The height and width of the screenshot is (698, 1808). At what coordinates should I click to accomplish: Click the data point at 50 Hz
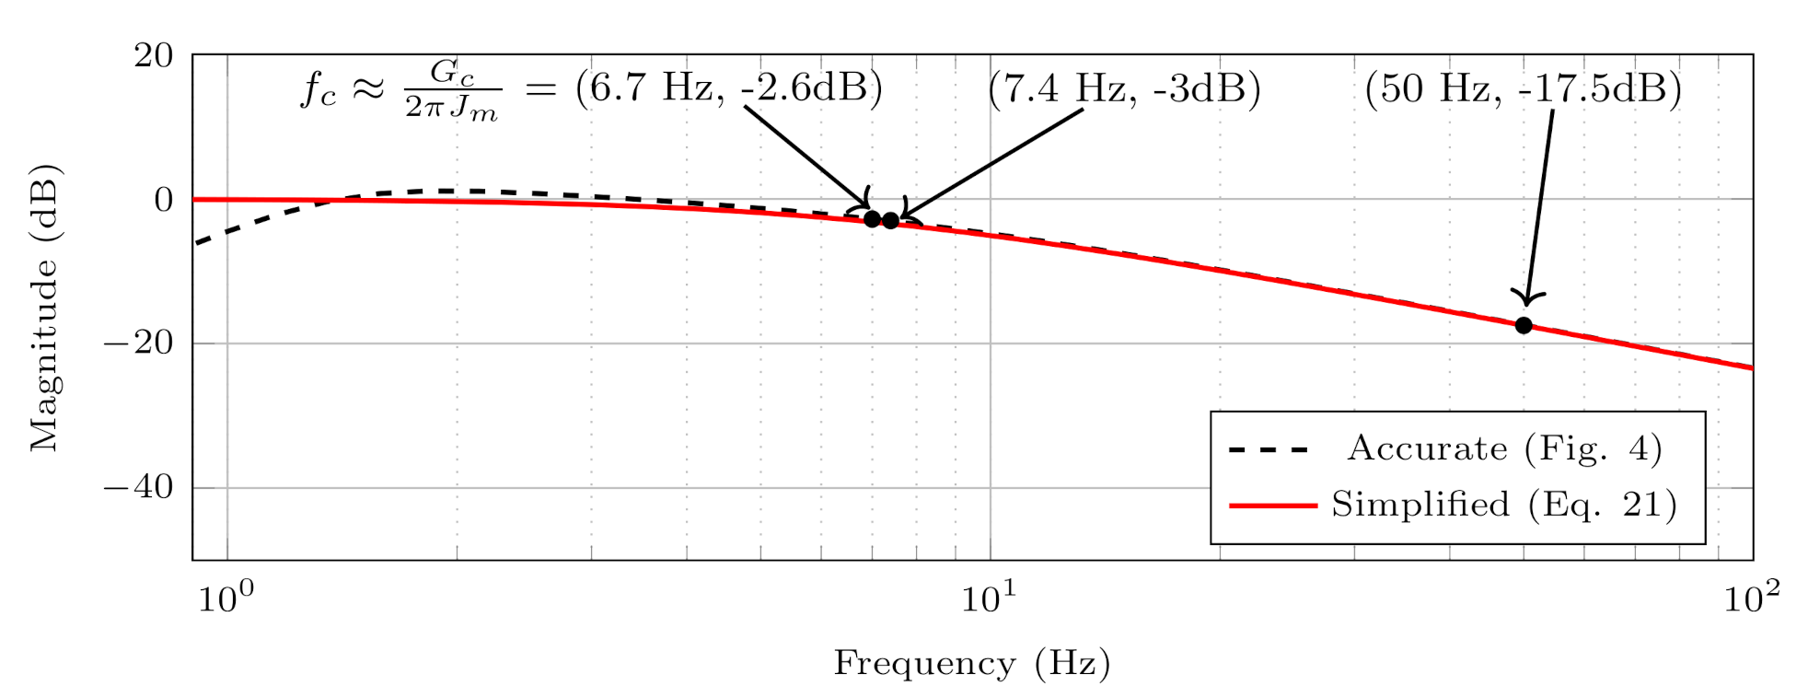[1524, 325]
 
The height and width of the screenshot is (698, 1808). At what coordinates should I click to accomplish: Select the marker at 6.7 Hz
[872, 218]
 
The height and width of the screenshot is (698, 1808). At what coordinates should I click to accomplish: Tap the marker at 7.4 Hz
[891, 220]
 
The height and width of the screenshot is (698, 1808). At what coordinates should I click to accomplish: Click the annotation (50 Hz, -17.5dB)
[1523, 89]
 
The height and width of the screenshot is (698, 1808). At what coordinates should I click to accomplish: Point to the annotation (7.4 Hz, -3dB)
[1124, 89]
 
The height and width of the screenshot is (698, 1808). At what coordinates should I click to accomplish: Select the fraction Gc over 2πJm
[452, 90]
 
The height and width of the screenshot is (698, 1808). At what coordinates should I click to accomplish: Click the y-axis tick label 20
[154, 56]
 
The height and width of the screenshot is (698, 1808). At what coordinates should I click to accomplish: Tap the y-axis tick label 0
[164, 200]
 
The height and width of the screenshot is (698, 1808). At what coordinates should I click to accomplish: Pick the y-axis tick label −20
[139, 343]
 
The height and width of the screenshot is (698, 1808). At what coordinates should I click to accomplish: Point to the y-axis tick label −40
[139, 487]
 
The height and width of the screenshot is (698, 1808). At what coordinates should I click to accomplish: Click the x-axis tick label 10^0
[226, 599]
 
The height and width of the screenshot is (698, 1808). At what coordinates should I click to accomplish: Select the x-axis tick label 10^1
[990, 599]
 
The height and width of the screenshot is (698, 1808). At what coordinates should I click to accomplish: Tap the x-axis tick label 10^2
[1752, 599]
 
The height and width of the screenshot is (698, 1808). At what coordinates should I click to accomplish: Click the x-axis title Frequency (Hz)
[972, 663]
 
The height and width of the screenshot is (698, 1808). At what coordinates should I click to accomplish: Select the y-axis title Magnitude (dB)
[44, 308]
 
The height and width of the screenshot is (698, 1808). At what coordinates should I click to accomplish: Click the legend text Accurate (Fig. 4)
[1504, 448]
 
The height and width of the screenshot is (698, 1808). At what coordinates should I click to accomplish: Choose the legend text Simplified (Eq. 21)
[1504, 505]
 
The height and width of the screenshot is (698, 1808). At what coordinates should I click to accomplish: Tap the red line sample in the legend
[1272, 506]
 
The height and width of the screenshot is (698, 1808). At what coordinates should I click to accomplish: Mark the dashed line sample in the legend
[1269, 450]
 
